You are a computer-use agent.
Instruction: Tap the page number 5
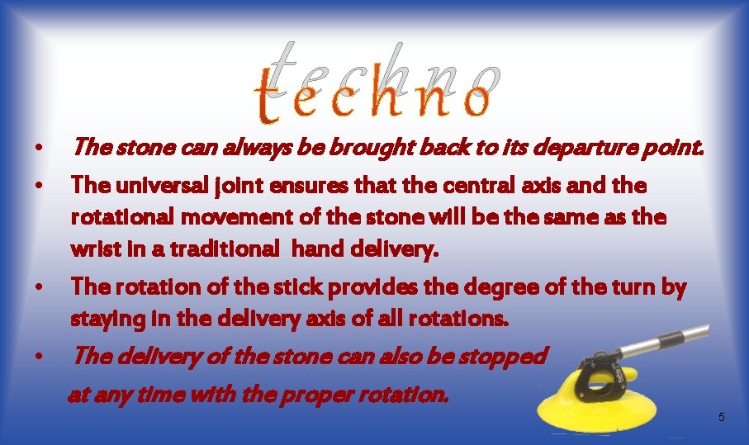click(x=721, y=418)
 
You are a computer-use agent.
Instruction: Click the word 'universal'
click(x=149, y=186)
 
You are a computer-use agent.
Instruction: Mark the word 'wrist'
click(x=92, y=250)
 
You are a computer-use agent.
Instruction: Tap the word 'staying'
click(x=102, y=318)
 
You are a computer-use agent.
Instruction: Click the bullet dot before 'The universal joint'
click(x=39, y=186)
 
